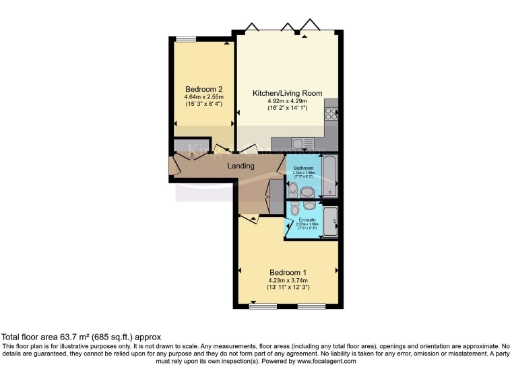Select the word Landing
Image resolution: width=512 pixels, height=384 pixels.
(240, 166)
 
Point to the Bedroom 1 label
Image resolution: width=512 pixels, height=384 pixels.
(288, 272)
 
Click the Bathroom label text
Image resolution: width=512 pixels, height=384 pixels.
(303, 168)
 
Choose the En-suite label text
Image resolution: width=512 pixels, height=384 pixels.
(308, 217)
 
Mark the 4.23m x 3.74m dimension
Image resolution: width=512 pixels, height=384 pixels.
(288, 281)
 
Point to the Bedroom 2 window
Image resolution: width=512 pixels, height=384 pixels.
(187, 39)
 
